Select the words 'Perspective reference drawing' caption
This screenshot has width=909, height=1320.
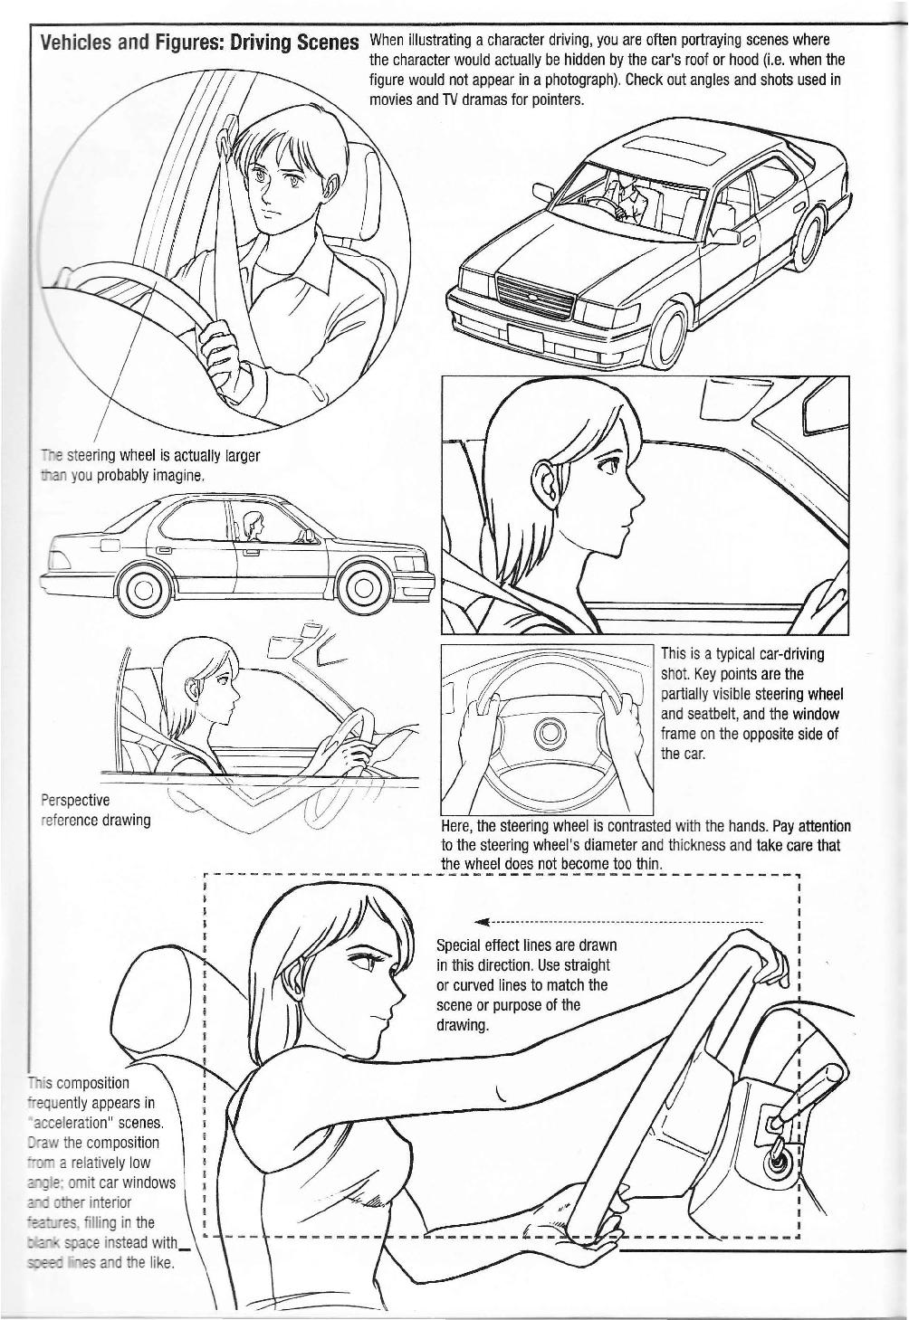(x=95, y=810)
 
